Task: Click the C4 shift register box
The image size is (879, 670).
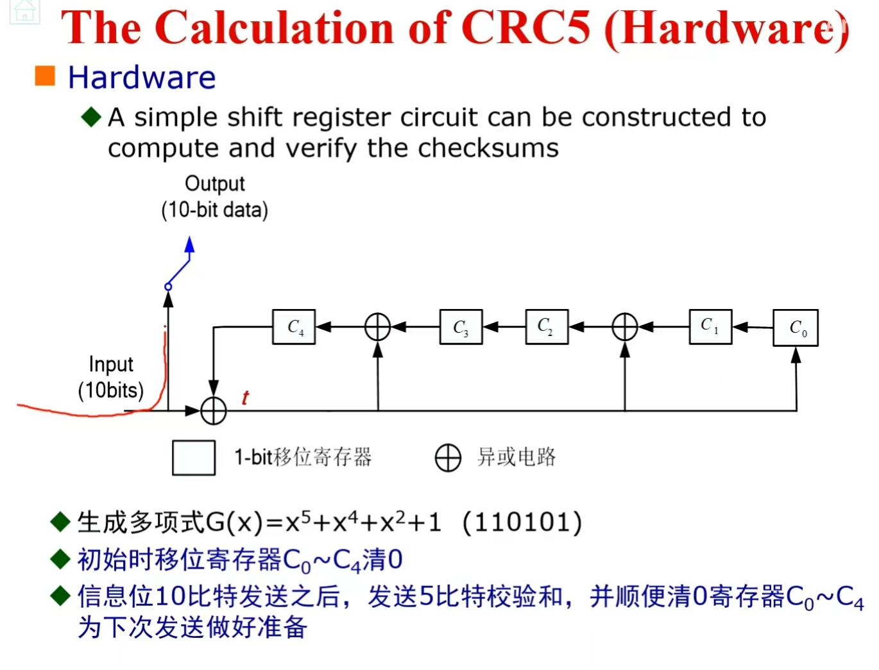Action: pyautogui.click(x=294, y=327)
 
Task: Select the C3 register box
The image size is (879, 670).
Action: pyautogui.click(x=461, y=327)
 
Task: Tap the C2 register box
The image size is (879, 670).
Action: pyautogui.click(x=546, y=327)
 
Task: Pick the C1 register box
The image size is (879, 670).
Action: pyautogui.click(x=710, y=326)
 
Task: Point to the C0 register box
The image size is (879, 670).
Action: pyautogui.click(x=796, y=328)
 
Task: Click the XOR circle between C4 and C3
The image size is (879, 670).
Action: pyautogui.click(x=378, y=327)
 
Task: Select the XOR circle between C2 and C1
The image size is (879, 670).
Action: pyautogui.click(x=624, y=327)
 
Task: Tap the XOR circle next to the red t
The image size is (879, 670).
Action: pyautogui.click(x=214, y=411)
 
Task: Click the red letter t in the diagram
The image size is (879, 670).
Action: pyautogui.click(x=245, y=398)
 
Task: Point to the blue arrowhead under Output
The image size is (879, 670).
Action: pyautogui.click(x=190, y=245)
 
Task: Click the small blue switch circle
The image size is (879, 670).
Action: pyautogui.click(x=168, y=287)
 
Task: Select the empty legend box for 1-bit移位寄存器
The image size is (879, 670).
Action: pyautogui.click(x=194, y=458)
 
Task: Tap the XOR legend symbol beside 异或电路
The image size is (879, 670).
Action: pyautogui.click(x=448, y=458)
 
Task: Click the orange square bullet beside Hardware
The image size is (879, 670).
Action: pyautogui.click(x=45, y=76)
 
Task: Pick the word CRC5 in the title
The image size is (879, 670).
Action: pyautogui.click(x=525, y=28)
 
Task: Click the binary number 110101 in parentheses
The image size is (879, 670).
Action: pyautogui.click(x=522, y=523)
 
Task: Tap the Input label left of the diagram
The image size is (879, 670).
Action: pyautogui.click(x=111, y=364)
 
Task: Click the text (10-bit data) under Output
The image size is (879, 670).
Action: pyautogui.click(x=214, y=210)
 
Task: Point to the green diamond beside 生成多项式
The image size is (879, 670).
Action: pyautogui.click(x=60, y=522)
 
